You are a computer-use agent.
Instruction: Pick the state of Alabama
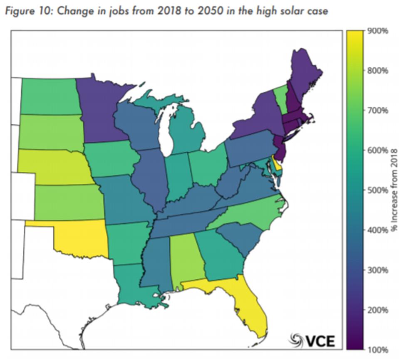click(x=188, y=258)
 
